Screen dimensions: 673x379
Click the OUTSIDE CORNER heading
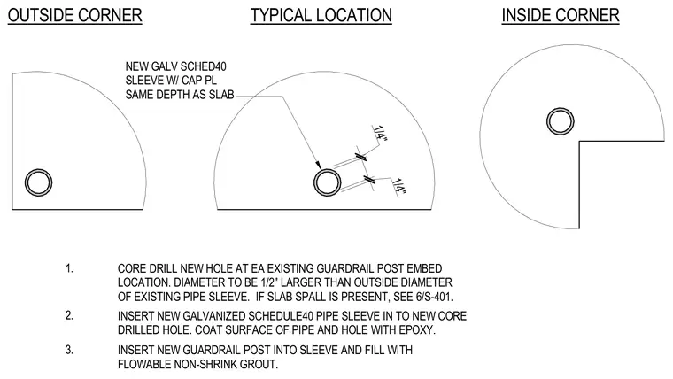coord(74,15)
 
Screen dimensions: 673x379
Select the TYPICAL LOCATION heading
coord(321,15)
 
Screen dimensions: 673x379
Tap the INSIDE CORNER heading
coord(561,15)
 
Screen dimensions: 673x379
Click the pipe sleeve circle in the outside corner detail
coord(39,169)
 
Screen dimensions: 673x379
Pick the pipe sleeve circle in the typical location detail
coord(328,169)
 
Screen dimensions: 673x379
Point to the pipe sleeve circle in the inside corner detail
coord(561,109)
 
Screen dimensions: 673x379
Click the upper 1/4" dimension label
coord(380,134)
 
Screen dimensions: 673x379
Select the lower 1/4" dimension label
coord(399,188)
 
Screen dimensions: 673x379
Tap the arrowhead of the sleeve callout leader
coord(319,166)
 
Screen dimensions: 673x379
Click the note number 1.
coord(69,268)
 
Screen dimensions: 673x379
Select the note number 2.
coord(69,315)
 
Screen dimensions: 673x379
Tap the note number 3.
coord(69,350)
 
